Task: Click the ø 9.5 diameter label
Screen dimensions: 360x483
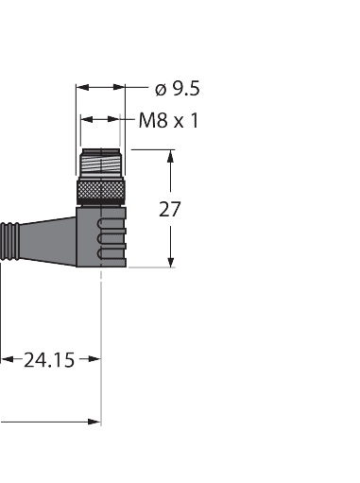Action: click(178, 89)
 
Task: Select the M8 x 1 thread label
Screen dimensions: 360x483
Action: click(169, 120)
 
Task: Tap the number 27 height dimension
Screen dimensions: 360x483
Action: click(170, 209)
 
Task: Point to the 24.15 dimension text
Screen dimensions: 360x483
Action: click(49, 360)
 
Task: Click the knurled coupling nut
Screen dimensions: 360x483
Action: click(101, 192)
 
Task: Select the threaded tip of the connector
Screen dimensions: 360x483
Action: click(101, 163)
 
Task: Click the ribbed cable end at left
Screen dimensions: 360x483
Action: click(9, 241)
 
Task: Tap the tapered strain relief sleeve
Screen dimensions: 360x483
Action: click(47, 241)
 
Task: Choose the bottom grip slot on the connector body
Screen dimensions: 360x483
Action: click(111, 254)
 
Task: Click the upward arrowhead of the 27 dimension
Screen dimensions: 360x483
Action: click(170, 156)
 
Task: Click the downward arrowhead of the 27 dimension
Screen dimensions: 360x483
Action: click(171, 262)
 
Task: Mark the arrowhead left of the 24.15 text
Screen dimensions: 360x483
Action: click(7, 359)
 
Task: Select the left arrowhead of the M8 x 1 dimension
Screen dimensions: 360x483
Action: click(87, 119)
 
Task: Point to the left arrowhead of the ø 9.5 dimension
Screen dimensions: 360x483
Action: click(82, 87)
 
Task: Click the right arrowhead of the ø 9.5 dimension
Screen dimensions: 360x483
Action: click(119, 87)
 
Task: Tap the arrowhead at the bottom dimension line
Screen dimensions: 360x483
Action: click(94, 422)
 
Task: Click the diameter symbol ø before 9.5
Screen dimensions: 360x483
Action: click(161, 90)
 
